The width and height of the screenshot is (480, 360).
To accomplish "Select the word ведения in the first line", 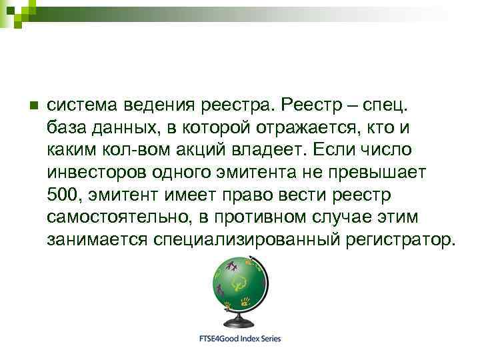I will (158, 105).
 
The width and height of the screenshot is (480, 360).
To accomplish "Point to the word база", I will (67, 127).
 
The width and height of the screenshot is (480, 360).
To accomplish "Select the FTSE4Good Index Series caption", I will (240, 339).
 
